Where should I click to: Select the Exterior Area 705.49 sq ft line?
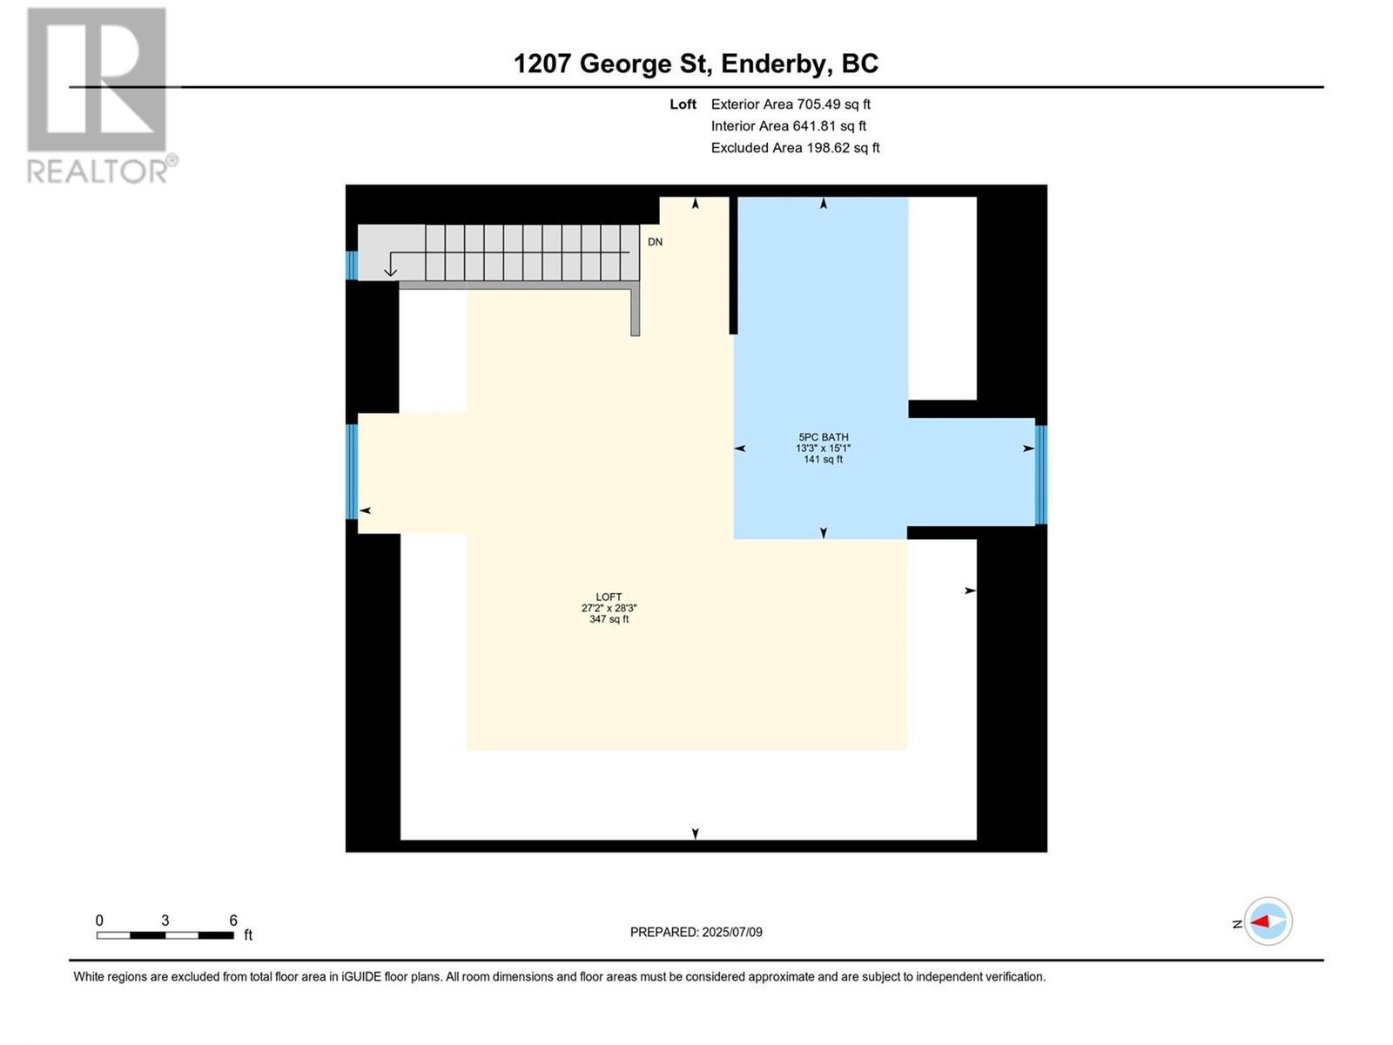pos(791,104)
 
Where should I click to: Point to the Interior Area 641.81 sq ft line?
pos(788,125)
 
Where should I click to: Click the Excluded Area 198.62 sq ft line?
pos(795,147)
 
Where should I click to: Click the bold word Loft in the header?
pos(683,104)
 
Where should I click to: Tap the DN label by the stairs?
pos(655,242)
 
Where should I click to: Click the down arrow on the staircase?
pos(391,265)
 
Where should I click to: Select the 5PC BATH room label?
pos(823,437)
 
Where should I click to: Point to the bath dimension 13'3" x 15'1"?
pos(823,448)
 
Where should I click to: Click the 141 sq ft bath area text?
pos(823,460)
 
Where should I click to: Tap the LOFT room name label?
pos(609,597)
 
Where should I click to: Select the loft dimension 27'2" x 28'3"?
pos(609,609)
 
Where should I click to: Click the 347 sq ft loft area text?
pos(609,619)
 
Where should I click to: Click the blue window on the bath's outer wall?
pos(1040,475)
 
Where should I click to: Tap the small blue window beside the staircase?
pos(352,265)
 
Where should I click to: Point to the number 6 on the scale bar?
pos(233,920)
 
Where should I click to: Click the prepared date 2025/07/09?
pos(731,932)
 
